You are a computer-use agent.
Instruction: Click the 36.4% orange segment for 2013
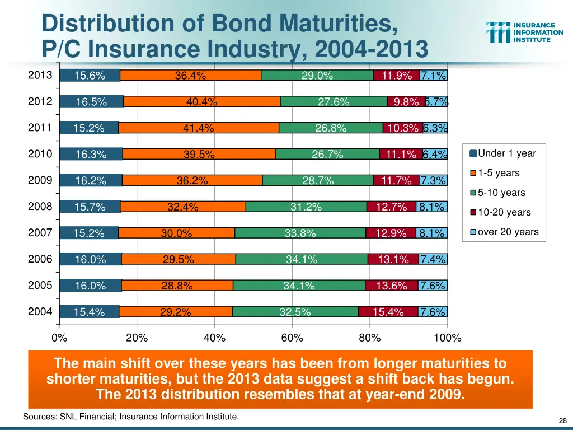click(x=190, y=76)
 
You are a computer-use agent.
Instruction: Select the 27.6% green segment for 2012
click(x=334, y=101)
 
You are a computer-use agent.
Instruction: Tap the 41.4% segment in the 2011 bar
click(x=199, y=128)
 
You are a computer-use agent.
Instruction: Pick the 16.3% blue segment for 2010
click(x=91, y=155)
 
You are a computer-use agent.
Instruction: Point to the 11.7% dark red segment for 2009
click(x=396, y=180)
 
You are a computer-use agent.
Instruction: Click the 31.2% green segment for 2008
click(x=306, y=207)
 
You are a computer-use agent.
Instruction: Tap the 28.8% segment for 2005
click(x=177, y=286)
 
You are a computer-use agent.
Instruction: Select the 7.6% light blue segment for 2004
click(x=433, y=312)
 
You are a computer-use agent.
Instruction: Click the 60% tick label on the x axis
click(x=292, y=338)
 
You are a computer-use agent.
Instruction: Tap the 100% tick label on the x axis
click(x=448, y=338)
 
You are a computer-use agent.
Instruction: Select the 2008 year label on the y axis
click(x=40, y=207)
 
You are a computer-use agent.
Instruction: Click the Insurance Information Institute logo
click(x=524, y=32)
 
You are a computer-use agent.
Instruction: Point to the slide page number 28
click(x=563, y=420)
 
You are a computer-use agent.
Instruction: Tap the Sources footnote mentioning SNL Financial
click(x=130, y=417)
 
